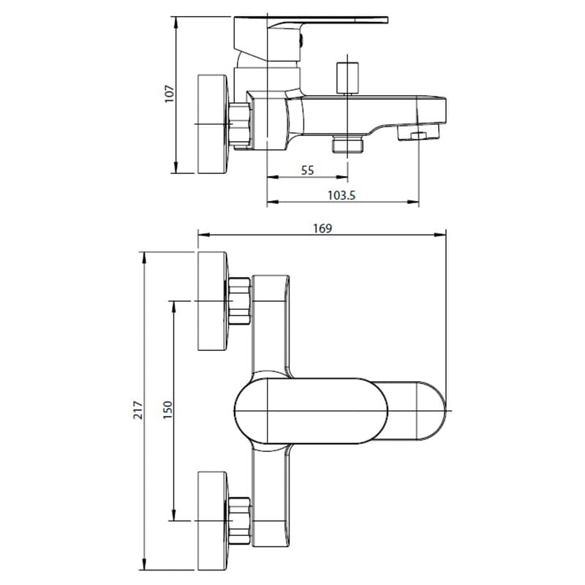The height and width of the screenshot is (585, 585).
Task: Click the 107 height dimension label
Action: [x=170, y=94]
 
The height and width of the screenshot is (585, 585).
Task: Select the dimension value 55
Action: [x=307, y=170]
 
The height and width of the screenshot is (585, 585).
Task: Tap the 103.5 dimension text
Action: [x=341, y=195]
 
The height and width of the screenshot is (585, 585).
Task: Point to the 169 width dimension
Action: [x=322, y=228]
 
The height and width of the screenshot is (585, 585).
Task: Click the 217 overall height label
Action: [x=138, y=410]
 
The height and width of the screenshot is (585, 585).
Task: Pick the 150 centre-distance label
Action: [x=168, y=409]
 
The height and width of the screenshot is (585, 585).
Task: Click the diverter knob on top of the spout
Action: [x=347, y=78]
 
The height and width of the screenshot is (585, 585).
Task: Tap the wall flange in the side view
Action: [x=212, y=124]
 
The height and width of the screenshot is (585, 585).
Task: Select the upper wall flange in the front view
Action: [x=212, y=301]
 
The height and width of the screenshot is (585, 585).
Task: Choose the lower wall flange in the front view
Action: [x=212, y=521]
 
